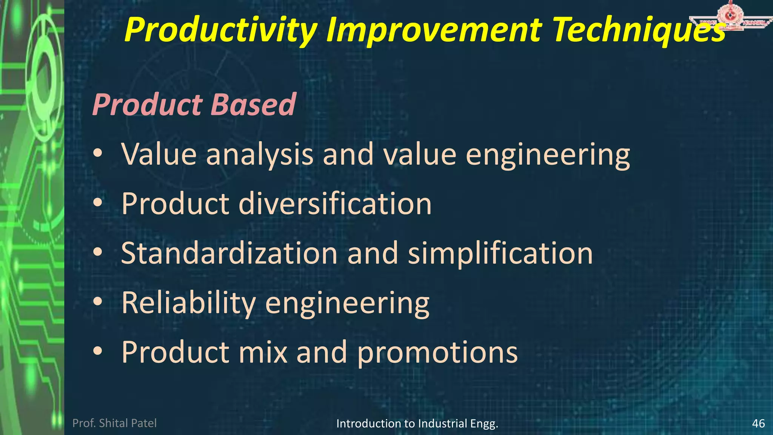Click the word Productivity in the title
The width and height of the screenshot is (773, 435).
[x=220, y=30]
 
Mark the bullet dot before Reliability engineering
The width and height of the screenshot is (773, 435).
[x=98, y=302]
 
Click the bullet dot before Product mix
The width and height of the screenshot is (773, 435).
[x=98, y=351]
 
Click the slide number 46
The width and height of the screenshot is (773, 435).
[x=758, y=423]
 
